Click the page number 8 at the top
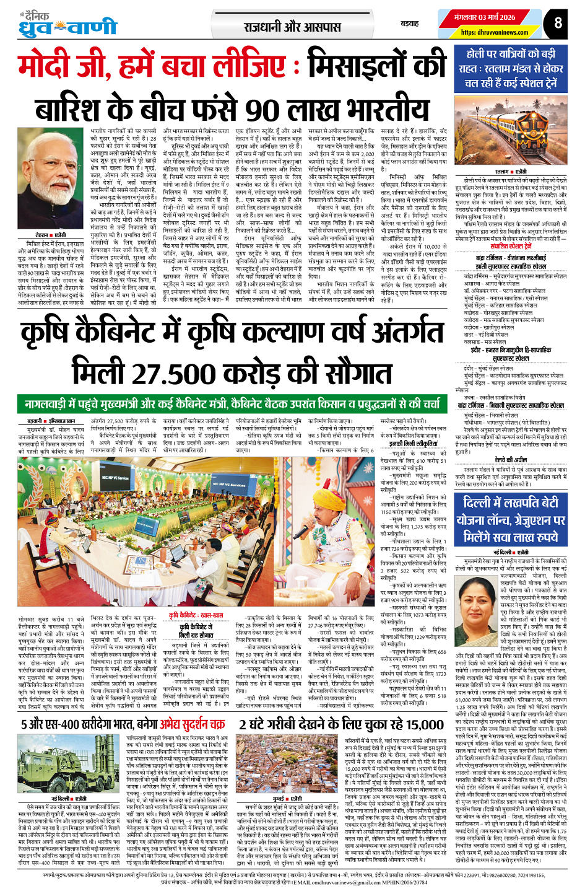pos(558,23)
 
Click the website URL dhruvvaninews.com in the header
pos(494,32)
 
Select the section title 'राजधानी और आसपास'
pos(292,27)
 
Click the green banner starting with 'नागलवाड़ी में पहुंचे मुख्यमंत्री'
pos(232,405)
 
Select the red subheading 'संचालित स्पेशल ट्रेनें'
pos(511,246)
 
